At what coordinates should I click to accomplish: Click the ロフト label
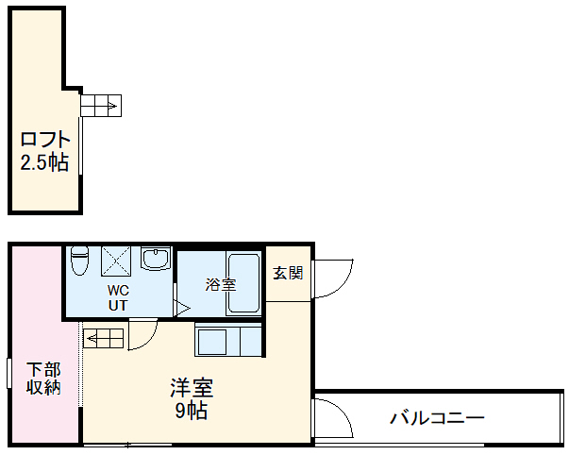pyautogui.click(x=45, y=140)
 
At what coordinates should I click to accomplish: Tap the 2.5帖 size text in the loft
pyautogui.click(x=44, y=162)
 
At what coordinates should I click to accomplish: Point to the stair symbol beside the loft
pyautogui.click(x=101, y=104)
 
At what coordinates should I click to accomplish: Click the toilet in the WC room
pyautogui.click(x=79, y=260)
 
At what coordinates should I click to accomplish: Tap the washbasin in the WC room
pyautogui.click(x=155, y=259)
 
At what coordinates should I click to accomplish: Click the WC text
pyautogui.click(x=118, y=290)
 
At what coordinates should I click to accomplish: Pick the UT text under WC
pyautogui.click(x=118, y=305)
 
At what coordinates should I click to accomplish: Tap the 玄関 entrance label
pyautogui.click(x=288, y=274)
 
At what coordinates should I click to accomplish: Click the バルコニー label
pyautogui.click(x=437, y=416)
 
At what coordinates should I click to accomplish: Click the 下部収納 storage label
pyautogui.click(x=42, y=378)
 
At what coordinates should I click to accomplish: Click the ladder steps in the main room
pyautogui.click(x=104, y=336)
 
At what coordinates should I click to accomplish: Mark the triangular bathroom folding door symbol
pyautogui.click(x=181, y=308)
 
